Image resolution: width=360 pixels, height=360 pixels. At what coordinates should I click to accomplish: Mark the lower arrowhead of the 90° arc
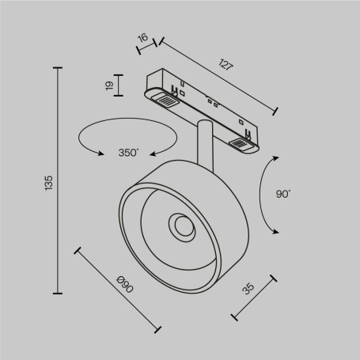click(x=275, y=230)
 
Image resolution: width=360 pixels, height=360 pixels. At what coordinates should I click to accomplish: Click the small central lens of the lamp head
click(x=183, y=229)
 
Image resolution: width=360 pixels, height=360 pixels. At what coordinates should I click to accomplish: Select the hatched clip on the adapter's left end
click(x=167, y=100)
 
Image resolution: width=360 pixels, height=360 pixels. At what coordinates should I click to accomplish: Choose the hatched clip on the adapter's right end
click(x=240, y=143)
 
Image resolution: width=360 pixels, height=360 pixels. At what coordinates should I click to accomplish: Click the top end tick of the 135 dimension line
click(x=59, y=70)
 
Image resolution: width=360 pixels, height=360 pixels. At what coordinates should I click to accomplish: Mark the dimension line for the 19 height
click(x=119, y=85)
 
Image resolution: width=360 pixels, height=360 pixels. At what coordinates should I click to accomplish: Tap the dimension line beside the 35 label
click(x=255, y=297)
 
